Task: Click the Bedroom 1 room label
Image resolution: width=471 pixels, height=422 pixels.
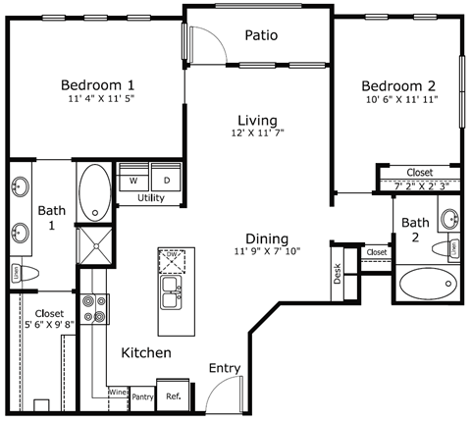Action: click(97, 83)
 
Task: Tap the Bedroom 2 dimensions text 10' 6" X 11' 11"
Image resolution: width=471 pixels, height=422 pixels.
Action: click(398, 99)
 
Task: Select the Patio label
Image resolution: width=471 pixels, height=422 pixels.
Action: click(261, 35)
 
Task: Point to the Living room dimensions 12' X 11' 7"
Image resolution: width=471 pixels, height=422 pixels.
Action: click(257, 132)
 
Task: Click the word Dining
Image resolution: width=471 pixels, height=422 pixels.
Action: click(267, 238)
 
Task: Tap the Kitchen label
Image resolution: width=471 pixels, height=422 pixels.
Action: click(146, 352)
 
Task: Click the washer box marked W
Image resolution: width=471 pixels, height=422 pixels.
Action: click(132, 180)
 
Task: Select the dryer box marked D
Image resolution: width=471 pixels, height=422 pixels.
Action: click(167, 180)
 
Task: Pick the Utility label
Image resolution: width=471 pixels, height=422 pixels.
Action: click(150, 198)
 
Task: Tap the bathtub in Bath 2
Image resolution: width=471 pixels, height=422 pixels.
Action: click(429, 285)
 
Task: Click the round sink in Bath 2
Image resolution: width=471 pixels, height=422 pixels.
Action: click(448, 219)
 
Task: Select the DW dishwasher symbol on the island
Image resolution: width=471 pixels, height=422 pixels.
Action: click(173, 261)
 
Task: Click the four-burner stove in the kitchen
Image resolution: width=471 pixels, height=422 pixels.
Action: click(93, 309)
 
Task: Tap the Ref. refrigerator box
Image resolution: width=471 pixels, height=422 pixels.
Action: click(173, 396)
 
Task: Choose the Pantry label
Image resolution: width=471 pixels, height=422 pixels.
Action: click(142, 397)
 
